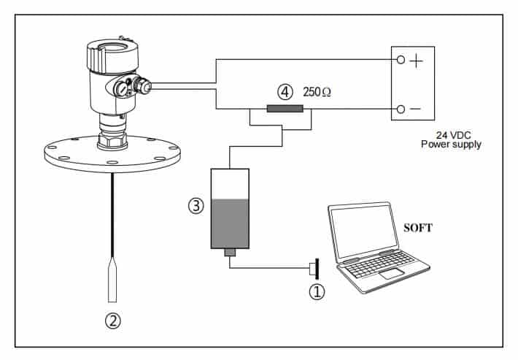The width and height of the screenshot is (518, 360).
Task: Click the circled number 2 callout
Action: [112, 319]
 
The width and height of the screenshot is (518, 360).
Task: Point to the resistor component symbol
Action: [285, 110]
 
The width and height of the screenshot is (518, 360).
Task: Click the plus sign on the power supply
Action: [416, 61]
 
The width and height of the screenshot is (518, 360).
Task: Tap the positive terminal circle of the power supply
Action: [399, 61]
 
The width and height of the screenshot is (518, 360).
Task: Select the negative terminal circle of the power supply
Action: [399, 110]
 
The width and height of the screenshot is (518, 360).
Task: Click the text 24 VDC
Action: [451, 134]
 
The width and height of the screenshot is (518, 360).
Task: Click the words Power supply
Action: [451, 145]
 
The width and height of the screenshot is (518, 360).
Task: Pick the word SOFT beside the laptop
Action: [418, 228]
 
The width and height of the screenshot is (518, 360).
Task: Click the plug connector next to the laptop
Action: [313, 268]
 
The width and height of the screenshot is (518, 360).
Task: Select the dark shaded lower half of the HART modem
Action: [230, 224]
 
